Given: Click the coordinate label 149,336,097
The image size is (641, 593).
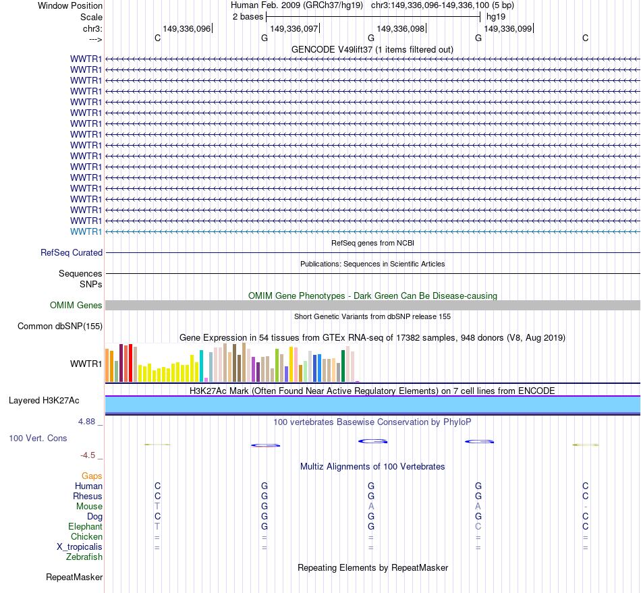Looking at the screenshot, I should pos(294,29).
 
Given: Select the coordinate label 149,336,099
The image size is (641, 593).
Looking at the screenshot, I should pos(508,29).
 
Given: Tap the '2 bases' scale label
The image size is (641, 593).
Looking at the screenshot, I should pos(248,16).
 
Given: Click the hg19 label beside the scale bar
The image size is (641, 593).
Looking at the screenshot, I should pos(496,16).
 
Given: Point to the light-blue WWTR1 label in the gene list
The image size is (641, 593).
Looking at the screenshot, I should pos(86,231).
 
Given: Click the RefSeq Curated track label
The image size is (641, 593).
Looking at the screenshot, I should pos(72,253).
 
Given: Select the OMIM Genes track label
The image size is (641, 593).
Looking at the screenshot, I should pos(76,306).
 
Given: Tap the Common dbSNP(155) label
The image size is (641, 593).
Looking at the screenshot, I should pos(59,327).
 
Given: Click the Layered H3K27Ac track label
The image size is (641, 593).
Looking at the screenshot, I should pos(44,401).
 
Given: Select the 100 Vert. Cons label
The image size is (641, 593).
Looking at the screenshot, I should pos(38,439).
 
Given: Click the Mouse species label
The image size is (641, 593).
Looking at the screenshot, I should pos(89,507).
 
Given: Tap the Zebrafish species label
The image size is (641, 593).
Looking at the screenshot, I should pos(84,557).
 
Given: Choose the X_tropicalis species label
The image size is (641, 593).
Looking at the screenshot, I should pos(80,547).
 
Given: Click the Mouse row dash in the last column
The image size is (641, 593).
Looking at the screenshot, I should pos(586,507).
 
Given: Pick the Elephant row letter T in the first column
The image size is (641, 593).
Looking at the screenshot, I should pos(157,526).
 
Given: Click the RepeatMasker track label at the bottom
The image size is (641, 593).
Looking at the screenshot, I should pos(74,577).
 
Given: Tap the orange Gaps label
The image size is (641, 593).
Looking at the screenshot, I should pos(92,476).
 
